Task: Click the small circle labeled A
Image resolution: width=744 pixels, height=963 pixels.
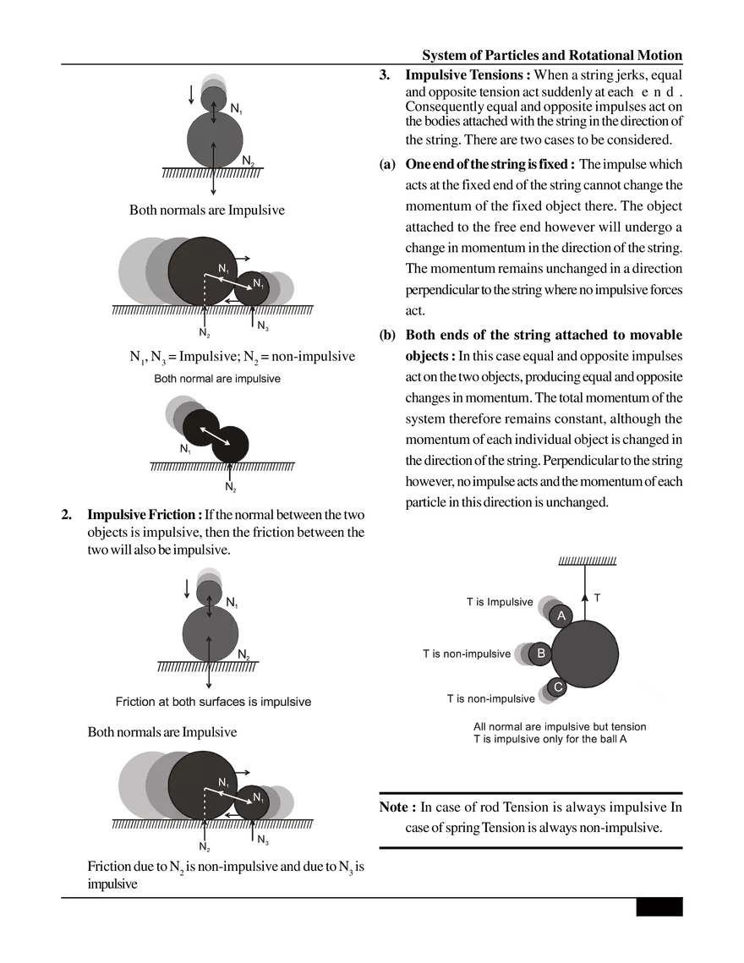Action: pyautogui.click(x=561, y=616)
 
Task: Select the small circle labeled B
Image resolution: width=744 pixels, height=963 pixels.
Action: pyautogui.click(x=540, y=654)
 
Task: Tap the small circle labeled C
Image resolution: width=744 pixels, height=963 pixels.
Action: pyautogui.click(x=557, y=687)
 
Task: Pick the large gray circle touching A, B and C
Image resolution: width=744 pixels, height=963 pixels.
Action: pyautogui.click(x=585, y=654)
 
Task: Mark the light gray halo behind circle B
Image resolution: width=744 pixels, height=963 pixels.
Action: pyautogui.click(x=519, y=654)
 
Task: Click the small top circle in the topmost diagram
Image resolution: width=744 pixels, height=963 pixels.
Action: pyautogui.click(x=214, y=98)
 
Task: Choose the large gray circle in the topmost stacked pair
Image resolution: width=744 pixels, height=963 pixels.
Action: pyautogui.click(x=215, y=140)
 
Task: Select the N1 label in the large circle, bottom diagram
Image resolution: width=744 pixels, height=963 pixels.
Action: pyautogui.click(x=223, y=783)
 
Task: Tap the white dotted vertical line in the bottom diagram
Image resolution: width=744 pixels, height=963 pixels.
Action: pyautogui.click(x=205, y=802)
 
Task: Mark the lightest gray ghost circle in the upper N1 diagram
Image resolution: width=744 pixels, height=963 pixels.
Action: pyautogui.click(x=135, y=266)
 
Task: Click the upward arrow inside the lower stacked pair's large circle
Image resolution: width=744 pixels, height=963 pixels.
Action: pyautogui.click(x=210, y=647)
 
